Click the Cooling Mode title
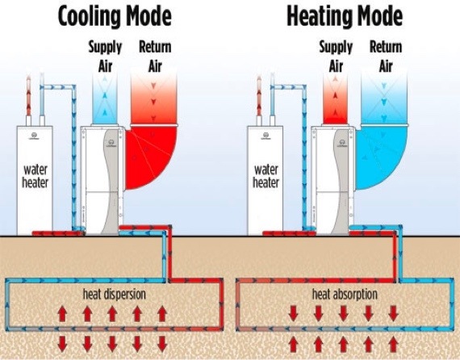pyautogui.click(x=115, y=17)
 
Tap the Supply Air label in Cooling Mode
pyautogui.click(x=105, y=55)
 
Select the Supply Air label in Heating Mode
pyautogui.click(x=336, y=55)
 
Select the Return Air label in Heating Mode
pyautogui.click(x=385, y=55)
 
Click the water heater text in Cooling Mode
pyautogui.click(x=36, y=176)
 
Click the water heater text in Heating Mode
pyautogui.click(x=266, y=176)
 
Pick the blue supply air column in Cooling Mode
pyautogui.click(x=105, y=101)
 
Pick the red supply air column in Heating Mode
pyautogui.click(x=336, y=101)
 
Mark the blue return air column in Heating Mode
pyautogui.click(x=385, y=97)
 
